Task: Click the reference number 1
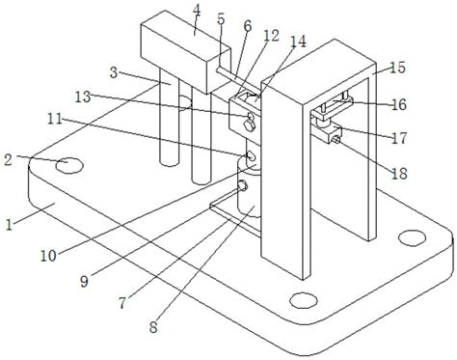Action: click(10, 224)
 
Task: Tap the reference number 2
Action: click(9, 160)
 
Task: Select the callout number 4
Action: click(197, 12)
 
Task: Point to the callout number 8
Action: click(153, 327)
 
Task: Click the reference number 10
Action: click(48, 256)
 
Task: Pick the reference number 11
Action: click(55, 119)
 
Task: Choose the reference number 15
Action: click(397, 68)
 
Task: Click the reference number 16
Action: click(399, 104)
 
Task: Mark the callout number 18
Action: click(399, 174)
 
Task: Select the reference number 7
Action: click(122, 303)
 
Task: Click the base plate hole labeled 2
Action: click(69, 166)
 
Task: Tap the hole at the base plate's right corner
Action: click(412, 238)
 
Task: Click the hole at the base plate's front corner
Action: click(304, 300)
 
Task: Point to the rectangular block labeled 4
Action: click(186, 52)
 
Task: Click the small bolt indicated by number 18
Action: click(336, 139)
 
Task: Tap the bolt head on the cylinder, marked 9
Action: click(242, 185)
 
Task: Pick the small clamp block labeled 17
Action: click(330, 132)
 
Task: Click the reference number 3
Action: click(114, 72)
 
